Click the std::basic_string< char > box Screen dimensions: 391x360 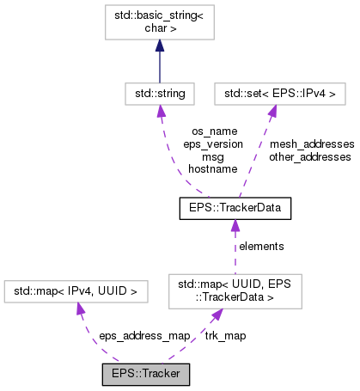point(159,22)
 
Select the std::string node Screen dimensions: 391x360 point(159,91)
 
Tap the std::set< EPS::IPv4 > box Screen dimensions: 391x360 point(269,91)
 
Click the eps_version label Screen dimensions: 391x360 point(212,144)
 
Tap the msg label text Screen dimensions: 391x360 point(212,157)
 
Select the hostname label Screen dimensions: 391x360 point(212,170)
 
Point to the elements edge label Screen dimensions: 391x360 point(261,246)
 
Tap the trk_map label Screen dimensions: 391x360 point(225,335)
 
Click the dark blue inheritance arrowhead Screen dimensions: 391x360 point(159,46)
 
